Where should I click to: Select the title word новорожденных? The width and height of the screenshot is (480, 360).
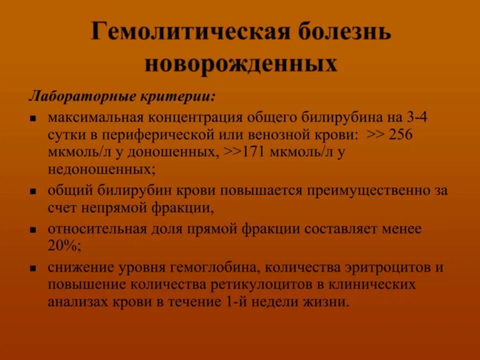click(x=240, y=64)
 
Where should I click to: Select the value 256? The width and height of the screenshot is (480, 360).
click(x=400, y=135)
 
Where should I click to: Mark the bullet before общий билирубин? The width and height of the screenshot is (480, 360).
click(x=33, y=192)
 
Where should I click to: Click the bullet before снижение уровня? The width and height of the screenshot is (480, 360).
click(x=33, y=268)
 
